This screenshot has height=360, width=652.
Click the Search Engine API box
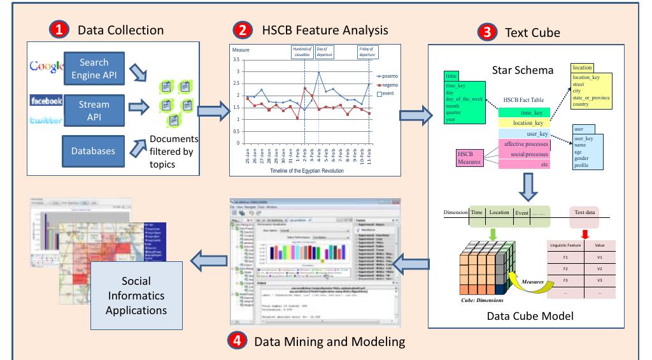click(94, 68)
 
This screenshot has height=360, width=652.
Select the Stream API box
click(94, 110)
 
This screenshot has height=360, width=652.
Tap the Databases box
click(94, 151)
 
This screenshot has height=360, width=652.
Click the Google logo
click(46, 66)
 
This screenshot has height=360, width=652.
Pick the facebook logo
click(46, 101)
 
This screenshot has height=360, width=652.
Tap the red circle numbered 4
click(237, 341)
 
